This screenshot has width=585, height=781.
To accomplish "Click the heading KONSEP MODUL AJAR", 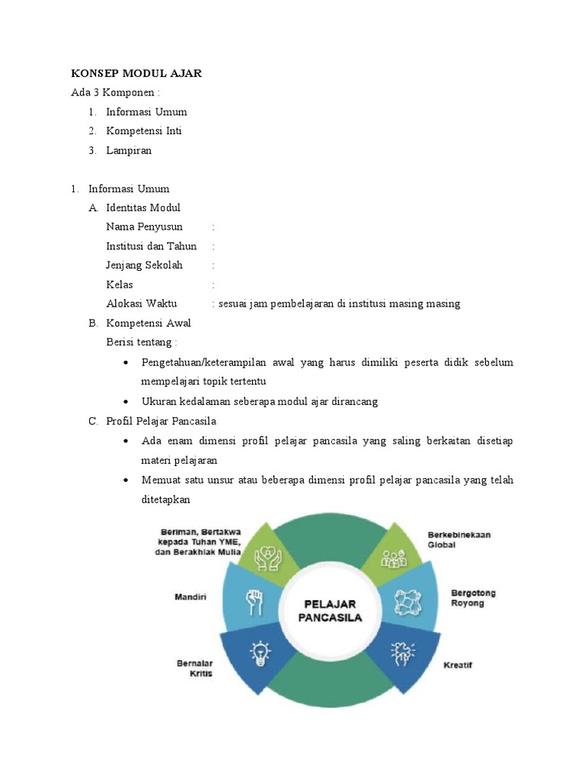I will pos(136,73).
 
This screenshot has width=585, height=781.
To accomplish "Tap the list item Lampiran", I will pos(129,150).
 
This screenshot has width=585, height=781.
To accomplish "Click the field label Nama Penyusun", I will pos(144,227).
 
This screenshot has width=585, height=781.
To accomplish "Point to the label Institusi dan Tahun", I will pos(152,246).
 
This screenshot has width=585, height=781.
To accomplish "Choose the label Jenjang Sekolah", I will pos(144,265).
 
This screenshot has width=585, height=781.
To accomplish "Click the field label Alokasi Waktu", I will pos(142,304).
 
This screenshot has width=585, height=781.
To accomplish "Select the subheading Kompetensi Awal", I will pos(148,323).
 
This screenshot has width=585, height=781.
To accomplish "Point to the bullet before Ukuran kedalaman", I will pos(125,401).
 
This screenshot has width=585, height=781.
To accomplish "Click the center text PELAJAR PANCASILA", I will pos(330,610).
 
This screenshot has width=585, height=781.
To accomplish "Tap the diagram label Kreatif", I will pos(458,665).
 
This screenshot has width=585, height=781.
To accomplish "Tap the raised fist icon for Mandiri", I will pos(253,602).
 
